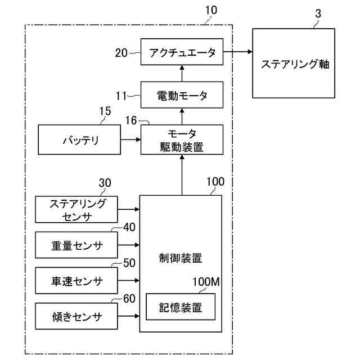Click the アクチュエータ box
point(182,52)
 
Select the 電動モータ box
point(182,94)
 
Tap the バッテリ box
point(79,139)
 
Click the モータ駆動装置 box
point(182,139)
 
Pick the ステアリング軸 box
point(294,64)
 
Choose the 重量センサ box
point(76,245)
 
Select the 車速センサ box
point(76,281)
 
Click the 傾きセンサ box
point(76,316)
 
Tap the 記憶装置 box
point(181,307)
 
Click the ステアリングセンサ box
point(76,209)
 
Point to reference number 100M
point(206,282)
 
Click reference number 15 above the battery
point(105,111)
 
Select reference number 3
point(318,13)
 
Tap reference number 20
point(121,53)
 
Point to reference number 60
point(129,299)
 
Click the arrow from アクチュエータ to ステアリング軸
point(237,52)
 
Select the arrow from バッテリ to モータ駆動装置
point(130,139)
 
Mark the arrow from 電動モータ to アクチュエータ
point(182,73)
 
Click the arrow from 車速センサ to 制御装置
point(129,281)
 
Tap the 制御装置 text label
point(181,258)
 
